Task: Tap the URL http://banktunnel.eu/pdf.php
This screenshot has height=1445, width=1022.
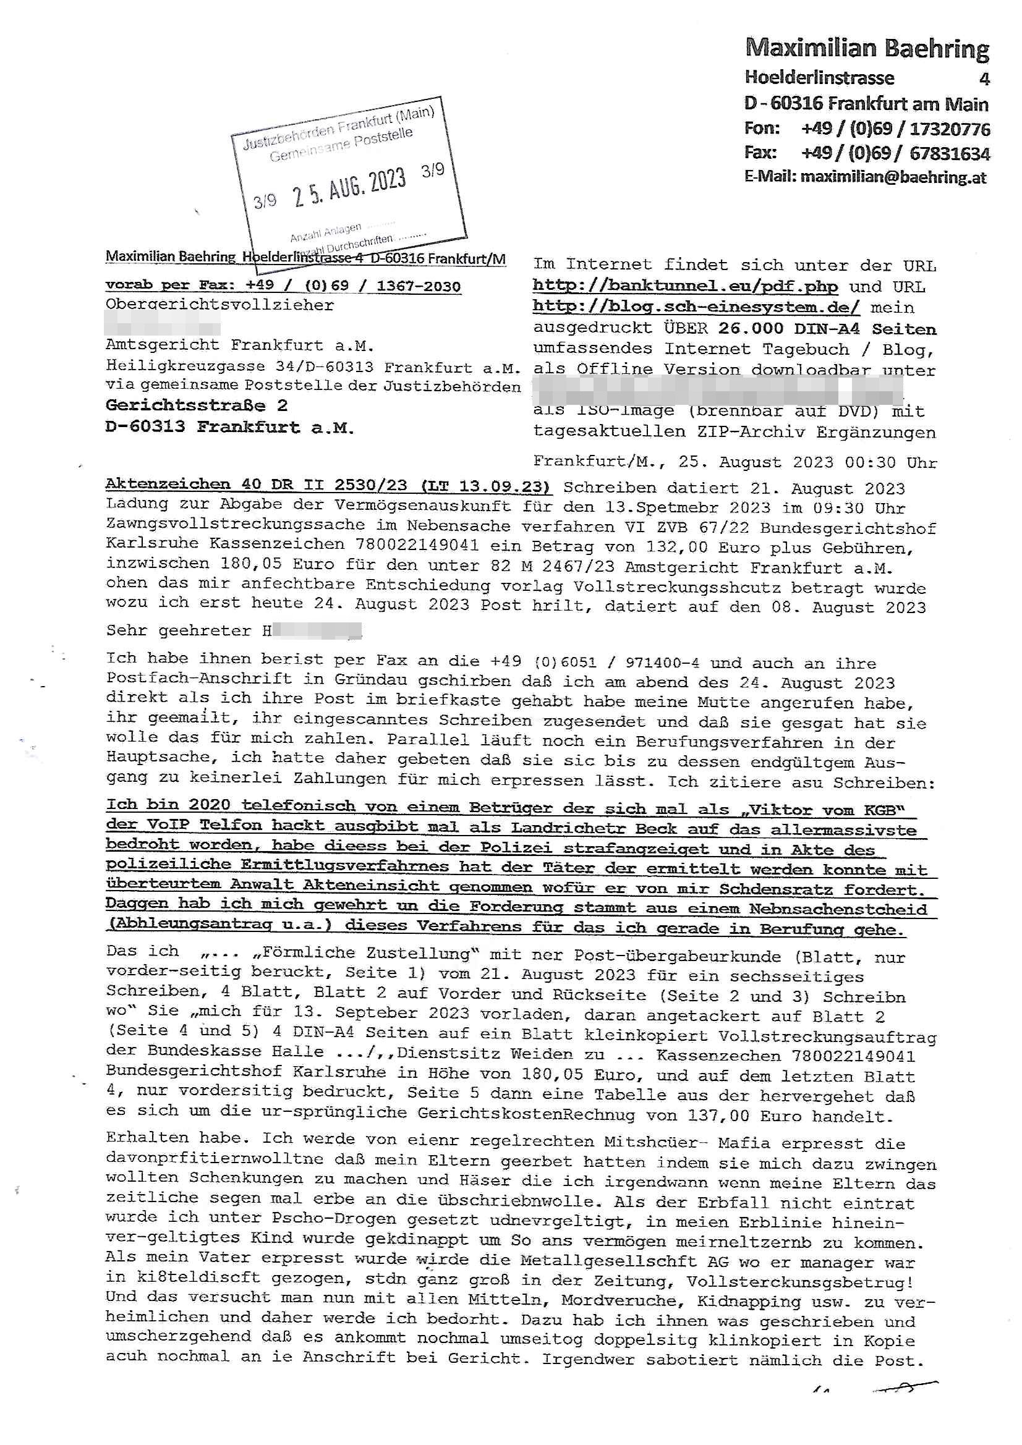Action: tap(685, 286)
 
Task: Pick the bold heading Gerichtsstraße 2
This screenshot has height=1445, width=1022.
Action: tap(197, 405)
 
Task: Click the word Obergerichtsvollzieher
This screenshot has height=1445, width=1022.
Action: tap(219, 305)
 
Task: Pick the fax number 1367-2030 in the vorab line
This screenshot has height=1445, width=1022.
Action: tap(418, 286)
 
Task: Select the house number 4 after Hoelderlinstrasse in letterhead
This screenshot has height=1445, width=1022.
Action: tap(984, 78)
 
